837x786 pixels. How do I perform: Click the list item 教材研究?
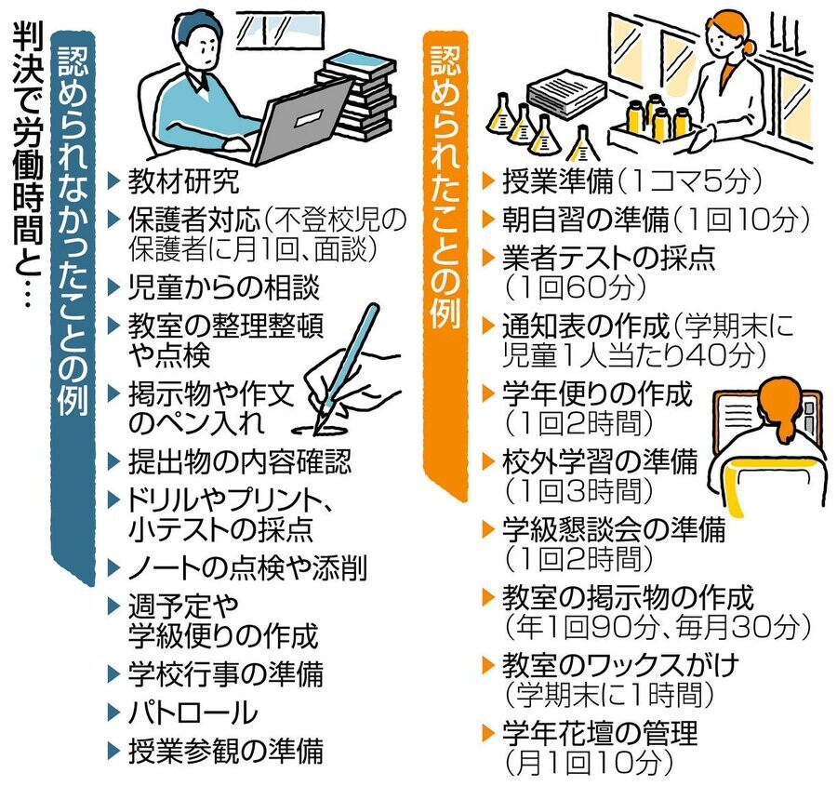coord(183,181)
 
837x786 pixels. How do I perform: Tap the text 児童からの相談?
coord(223,287)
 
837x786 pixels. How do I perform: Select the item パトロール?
coord(193,713)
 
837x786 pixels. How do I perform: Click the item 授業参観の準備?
coord(225,751)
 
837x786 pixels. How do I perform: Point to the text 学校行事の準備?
coord(225,673)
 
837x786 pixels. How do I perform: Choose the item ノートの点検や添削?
coord(247,567)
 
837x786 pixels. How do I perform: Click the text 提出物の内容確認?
coord(240,461)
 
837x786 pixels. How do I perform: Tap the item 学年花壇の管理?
coord(600,733)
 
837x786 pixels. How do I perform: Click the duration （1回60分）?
coord(576,287)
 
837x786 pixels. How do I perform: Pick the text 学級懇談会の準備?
coord(614,528)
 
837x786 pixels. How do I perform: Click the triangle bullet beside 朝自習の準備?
coord(488,219)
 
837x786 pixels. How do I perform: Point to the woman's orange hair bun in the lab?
coord(749,47)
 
